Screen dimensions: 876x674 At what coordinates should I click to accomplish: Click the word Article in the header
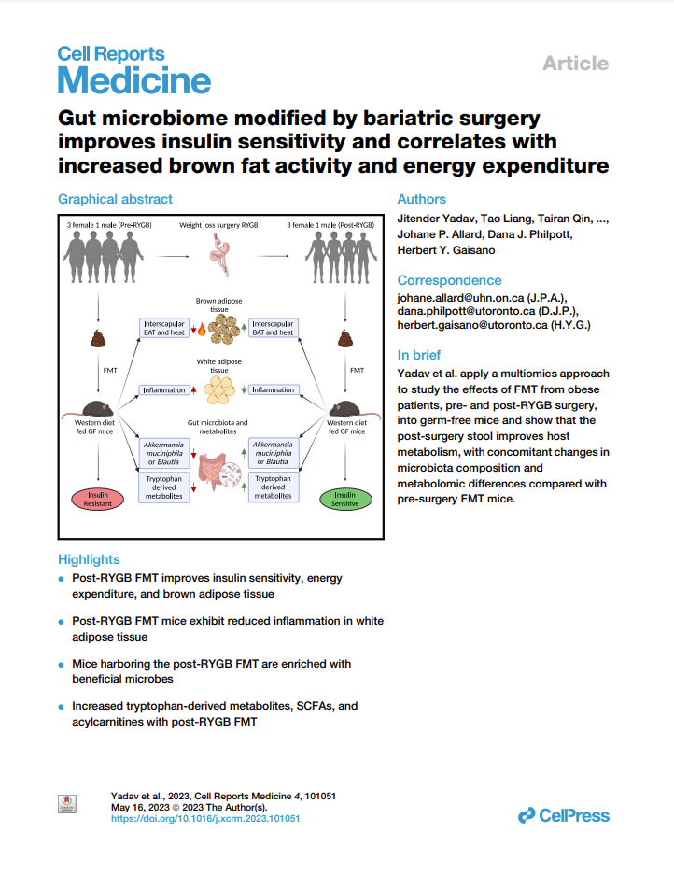(575, 64)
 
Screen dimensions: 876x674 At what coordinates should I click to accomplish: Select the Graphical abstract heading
(115, 199)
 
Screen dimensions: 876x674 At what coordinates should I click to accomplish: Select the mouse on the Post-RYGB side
(345, 409)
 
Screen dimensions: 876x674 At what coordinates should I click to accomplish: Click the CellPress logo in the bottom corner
(564, 815)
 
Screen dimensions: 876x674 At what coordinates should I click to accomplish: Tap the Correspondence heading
(449, 280)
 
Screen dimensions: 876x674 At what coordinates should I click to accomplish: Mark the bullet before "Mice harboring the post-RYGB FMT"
(62, 665)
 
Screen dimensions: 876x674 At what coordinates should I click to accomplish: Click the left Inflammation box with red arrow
(165, 389)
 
